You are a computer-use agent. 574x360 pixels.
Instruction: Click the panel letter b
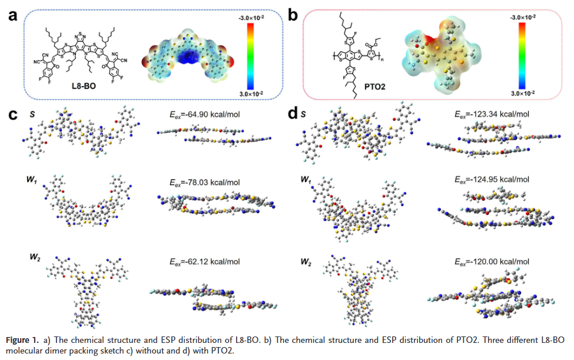point(293,16)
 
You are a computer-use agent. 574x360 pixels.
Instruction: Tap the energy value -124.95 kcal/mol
point(486,179)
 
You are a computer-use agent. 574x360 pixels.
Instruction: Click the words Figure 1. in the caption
point(23,341)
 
